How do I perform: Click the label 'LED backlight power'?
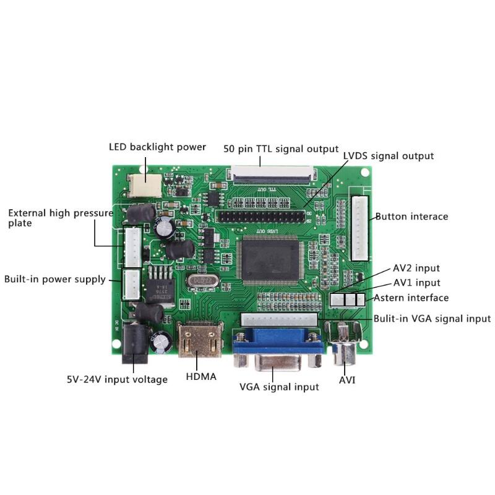[x=157, y=147]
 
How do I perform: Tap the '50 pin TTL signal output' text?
[x=280, y=149]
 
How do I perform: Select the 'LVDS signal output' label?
[x=389, y=156]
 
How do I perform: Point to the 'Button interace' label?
[x=411, y=217]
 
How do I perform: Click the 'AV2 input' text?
[x=416, y=268]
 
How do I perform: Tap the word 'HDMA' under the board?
[x=201, y=376]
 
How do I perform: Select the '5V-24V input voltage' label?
[x=117, y=379]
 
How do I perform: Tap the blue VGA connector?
[x=278, y=350]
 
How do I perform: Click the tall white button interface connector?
[x=360, y=228]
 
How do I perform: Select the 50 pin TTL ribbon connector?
[x=272, y=173]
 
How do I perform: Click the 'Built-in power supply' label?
[x=54, y=279]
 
